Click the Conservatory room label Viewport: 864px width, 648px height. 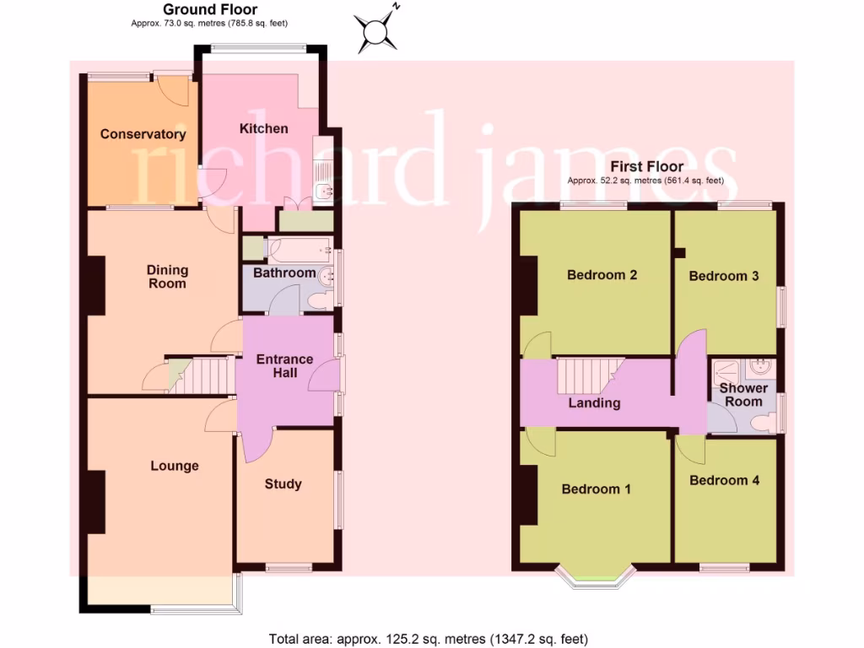pyautogui.click(x=143, y=134)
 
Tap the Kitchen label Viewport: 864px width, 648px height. pyautogui.click(x=263, y=128)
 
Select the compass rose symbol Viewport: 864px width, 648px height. pyautogui.click(x=375, y=33)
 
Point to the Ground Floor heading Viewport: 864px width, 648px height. pyautogui.click(x=198, y=10)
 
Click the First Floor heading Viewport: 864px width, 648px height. pyautogui.click(x=646, y=167)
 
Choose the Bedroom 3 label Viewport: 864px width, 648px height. pyautogui.click(x=723, y=276)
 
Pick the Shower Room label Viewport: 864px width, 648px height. pyautogui.click(x=742, y=395)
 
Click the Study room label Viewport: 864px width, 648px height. pyautogui.click(x=283, y=484)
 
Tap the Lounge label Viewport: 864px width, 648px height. pyautogui.click(x=175, y=466)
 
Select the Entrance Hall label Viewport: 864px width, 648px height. pyautogui.click(x=284, y=366)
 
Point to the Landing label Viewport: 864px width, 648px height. pyautogui.click(x=594, y=403)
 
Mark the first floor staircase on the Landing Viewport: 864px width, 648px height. pyautogui.click(x=588, y=375)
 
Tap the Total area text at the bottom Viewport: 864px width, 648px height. pyautogui.click(x=428, y=638)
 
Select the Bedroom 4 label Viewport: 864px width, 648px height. pyautogui.click(x=724, y=480)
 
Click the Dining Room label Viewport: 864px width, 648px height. pyautogui.click(x=167, y=277)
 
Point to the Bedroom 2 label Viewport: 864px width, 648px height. pyautogui.click(x=602, y=275)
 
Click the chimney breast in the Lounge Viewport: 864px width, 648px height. pyautogui.click(x=95, y=502)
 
